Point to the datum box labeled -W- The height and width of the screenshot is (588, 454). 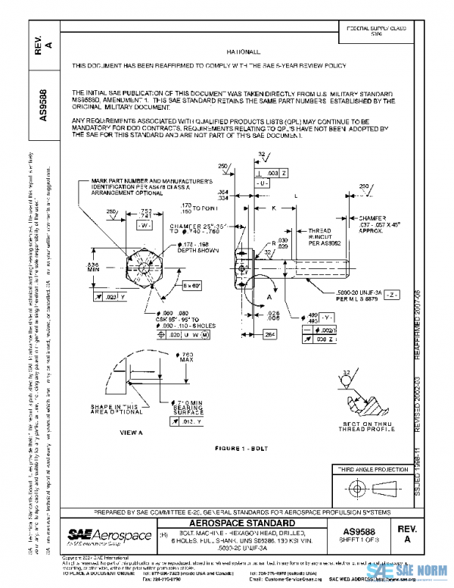(146, 225)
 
